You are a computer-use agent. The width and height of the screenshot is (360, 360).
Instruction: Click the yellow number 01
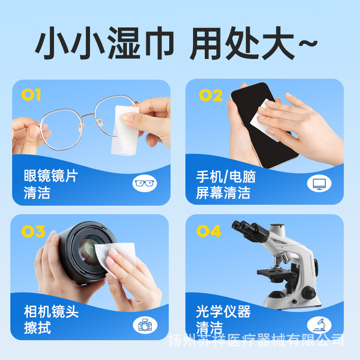31,95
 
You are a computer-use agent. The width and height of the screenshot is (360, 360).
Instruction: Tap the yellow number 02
211,95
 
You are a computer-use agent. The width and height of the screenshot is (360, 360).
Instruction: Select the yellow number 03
33,231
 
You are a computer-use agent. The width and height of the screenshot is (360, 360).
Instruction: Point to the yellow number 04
209,231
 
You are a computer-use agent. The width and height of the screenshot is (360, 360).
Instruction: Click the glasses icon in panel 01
145,183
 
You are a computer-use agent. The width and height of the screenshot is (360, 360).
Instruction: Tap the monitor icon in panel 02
319,183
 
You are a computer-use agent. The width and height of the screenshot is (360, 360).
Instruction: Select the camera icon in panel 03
145,325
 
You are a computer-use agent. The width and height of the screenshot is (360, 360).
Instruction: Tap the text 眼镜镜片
51,175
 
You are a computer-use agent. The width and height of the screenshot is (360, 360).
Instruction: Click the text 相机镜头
51,311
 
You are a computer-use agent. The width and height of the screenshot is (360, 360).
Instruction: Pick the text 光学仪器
223,311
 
